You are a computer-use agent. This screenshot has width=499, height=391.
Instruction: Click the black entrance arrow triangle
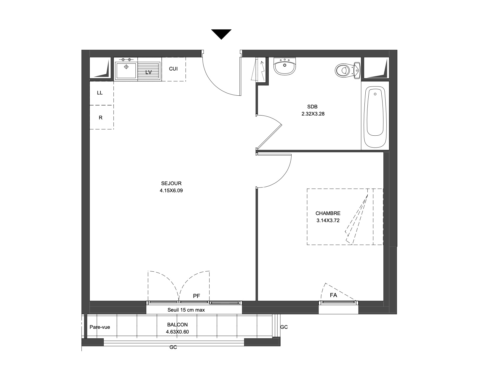tap(221, 33)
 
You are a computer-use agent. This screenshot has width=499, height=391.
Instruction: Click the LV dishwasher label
tap(148, 72)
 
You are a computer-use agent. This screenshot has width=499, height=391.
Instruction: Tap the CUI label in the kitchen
tap(173, 69)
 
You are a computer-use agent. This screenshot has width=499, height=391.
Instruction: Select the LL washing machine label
tap(100, 93)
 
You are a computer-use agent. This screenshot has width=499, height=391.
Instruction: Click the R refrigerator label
tap(100, 118)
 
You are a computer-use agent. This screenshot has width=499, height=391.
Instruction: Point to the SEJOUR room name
tap(171, 184)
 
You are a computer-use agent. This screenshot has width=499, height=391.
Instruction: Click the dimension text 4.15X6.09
tap(171, 191)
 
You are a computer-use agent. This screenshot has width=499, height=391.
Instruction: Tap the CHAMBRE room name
tap(328, 213)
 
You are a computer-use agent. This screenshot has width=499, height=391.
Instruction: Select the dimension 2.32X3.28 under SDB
tap(313, 114)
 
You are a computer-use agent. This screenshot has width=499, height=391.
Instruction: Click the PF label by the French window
tap(196, 296)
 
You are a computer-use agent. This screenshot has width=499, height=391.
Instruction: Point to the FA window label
tap(333, 295)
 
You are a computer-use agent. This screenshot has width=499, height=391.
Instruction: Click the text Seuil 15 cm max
tap(186, 310)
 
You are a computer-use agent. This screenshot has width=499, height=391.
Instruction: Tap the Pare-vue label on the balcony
tap(100, 327)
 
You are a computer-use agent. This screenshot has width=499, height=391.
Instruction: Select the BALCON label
tap(177, 325)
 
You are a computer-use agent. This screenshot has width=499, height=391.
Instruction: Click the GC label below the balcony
tap(173, 347)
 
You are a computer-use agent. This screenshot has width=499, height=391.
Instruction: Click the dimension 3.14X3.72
tap(328, 220)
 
